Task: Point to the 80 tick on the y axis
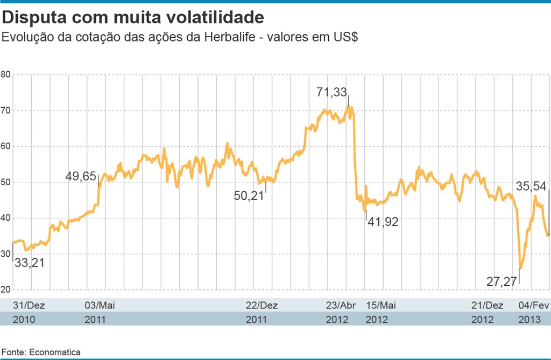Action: tap(6, 74)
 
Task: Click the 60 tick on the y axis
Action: tap(6, 146)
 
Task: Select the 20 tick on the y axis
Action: tap(6, 290)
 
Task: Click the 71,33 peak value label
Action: tap(331, 93)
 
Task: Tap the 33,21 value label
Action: tap(29, 263)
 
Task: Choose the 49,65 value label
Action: tap(81, 176)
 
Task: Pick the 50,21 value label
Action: tap(249, 196)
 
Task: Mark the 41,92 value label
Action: tap(383, 221)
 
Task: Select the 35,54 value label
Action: tap(531, 187)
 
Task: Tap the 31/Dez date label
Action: tap(29, 305)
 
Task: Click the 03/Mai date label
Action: tap(100, 305)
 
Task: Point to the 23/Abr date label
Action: tap(342, 305)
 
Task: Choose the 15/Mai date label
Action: tap(381, 305)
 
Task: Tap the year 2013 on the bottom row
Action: tap(529, 319)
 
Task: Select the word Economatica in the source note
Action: tap(55, 352)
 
